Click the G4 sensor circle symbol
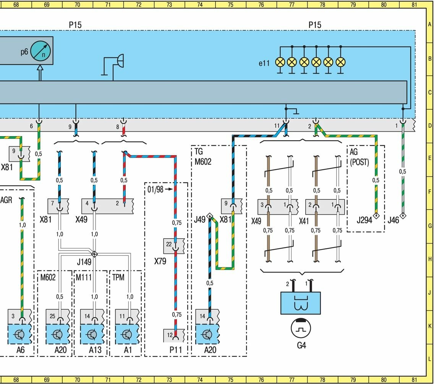[x=301, y=328]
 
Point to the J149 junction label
[x=84, y=262]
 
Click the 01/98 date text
[x=155, y=189]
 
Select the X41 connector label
[x=304, y=221]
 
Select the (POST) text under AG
[x=360, y=162]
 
